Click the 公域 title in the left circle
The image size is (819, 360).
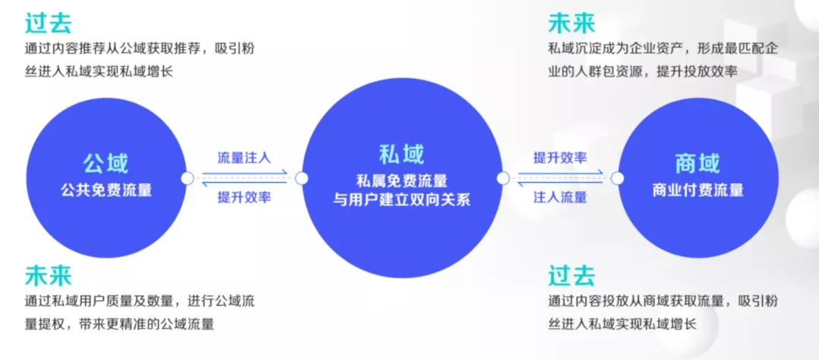(x=105, y=163)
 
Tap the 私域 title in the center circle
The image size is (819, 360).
(x=402, y=154)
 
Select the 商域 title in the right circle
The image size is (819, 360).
(x=698, y=163)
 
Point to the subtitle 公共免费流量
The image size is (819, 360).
(x=106, y=190)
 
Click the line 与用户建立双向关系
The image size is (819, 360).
(x=402, y=199)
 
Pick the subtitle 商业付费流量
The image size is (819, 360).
(x=698, y=190)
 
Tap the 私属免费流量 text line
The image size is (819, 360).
(x=402, y=180)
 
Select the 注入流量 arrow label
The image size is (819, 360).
(x=560, y=198)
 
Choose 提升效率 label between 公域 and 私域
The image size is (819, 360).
(x=244, y=198)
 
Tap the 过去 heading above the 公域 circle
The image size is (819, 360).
(x=48, y=23)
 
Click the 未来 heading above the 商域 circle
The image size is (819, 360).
(x=572, y=23)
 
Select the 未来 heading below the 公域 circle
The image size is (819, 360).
(x=48, y=275)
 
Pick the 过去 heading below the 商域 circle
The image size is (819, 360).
(x=572, y=275)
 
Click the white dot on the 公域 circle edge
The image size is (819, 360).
(x=187, y=178)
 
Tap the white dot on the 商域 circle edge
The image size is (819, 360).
(x=617, y=178)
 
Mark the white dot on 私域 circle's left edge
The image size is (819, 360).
(x=301, y=178)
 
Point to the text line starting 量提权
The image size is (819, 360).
(x=120, y=324)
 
